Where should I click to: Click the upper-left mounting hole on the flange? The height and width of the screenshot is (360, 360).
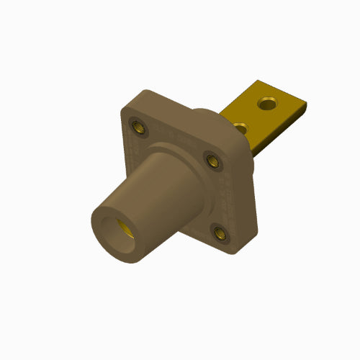137,128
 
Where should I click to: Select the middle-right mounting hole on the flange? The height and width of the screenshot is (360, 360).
212,160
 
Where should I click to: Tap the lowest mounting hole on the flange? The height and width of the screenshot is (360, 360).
220,230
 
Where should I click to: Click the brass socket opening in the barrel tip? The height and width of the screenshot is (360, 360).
125,229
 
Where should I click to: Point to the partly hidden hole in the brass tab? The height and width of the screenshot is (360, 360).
242,127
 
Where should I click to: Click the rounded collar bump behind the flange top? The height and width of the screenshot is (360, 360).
212,115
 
